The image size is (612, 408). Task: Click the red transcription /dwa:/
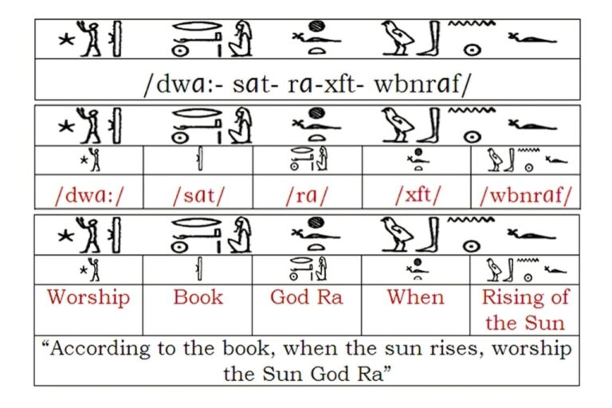pyautogui.click(x=88, y=194)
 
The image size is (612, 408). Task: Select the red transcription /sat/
pyautogui.click(x=198, y=194)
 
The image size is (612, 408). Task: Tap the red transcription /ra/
pyautogui.click(x=306, y=194)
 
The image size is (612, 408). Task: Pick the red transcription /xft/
pyautogui.click(x=418, y=194)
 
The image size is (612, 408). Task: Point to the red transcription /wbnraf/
pyautogui.click(x=525, y=194)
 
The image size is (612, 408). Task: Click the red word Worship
pyautogui.click(x=88, y=297)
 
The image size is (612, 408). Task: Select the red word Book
pyautogui.click(x=198, y=297)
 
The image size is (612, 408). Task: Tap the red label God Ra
pyautogui.click(x=306, y=297)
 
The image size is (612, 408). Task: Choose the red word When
pyautogui.click(x=416, y=297)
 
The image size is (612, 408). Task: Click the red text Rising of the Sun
pyautogui.click(x=525, y=310)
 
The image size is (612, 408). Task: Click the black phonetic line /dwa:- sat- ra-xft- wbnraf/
pyautogui.click(x=307, y=84)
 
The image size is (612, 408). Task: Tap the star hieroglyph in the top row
pyautogui.click(x=66, y=40)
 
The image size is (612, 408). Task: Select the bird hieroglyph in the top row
pyautogui.click(x=397, y=38)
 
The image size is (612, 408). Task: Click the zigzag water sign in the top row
pyautogui.click(x=472, y=23)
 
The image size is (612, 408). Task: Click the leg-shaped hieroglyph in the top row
pyautogui.click(x=430, y=38)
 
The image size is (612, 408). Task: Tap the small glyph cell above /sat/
pyautogui.click(x=198, y=160)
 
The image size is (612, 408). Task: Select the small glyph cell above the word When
pyautogui.click(x=416, y=270)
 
